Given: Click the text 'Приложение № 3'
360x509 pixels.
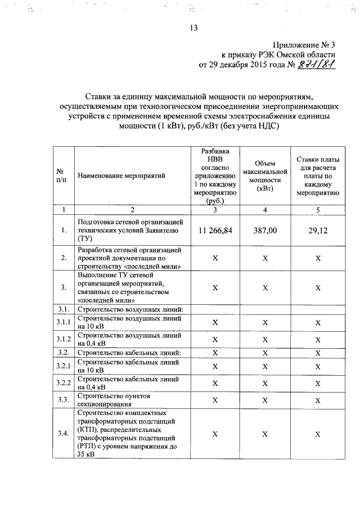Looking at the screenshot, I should (x=304, y=44).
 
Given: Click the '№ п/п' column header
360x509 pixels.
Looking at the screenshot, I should (x=63, y=175).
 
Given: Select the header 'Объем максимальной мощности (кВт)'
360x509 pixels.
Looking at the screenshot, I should (x=264, y=175).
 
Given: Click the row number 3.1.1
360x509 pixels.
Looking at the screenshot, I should (x=63, y=322).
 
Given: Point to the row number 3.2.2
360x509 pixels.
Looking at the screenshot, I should (x=63, y=383).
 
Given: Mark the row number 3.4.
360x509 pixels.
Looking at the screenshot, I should (x=63, y=434).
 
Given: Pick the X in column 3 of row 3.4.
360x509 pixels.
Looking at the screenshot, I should (x=215, y=434).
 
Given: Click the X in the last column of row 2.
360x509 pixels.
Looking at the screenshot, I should (x=318, y=258).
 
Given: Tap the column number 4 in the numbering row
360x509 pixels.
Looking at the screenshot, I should (x=264, y=210).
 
